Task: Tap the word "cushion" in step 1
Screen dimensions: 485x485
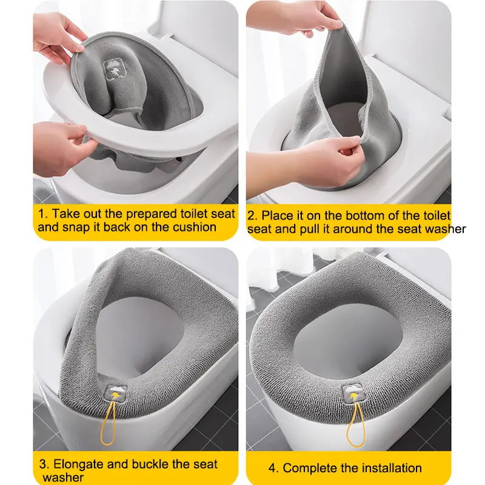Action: pyautogui.click(x=194, y=227)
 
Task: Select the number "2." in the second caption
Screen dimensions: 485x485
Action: pyautogui.click(x=252, y=216)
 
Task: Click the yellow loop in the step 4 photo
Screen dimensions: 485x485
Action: pyautogui.click(x=355, y=424)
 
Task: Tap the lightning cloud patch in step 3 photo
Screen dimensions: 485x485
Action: pyautogui.click(x=116, y=393)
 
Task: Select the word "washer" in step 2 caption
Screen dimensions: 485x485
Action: pyautogui.click(x=446, y=229)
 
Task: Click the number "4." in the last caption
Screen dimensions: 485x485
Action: pyautogui.click(x=274, y=468)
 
